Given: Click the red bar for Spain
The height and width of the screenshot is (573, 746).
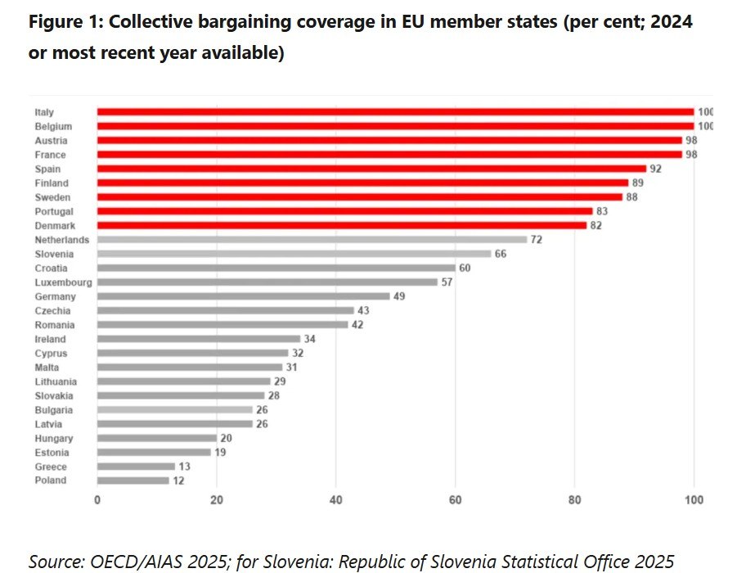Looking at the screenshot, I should (371, 169).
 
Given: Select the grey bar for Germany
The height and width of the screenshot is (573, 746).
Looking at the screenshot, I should (243, 296).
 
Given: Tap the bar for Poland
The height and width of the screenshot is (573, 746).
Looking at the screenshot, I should (133, 481).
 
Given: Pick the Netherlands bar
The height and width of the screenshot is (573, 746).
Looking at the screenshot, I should (312, 240).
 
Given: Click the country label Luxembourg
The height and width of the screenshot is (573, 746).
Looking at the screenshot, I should (62, 282).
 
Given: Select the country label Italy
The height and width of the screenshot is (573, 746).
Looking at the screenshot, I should (44, 112).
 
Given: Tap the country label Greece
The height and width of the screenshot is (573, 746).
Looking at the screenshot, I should (51, 467).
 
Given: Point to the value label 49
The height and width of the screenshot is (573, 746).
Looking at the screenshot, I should (399, 296).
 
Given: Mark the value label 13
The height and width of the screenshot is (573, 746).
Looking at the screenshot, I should (184, 467).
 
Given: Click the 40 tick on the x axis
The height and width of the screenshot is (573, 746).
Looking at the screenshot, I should (336, 500).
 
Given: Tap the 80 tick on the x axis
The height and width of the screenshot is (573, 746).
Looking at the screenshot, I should (575, 500).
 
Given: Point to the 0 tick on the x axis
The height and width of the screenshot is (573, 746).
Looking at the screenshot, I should (97, 500).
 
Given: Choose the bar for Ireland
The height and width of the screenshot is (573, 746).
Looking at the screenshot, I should (199, 339).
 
